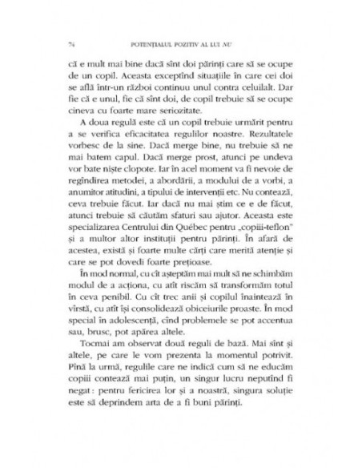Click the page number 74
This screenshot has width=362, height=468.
(73, 42)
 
